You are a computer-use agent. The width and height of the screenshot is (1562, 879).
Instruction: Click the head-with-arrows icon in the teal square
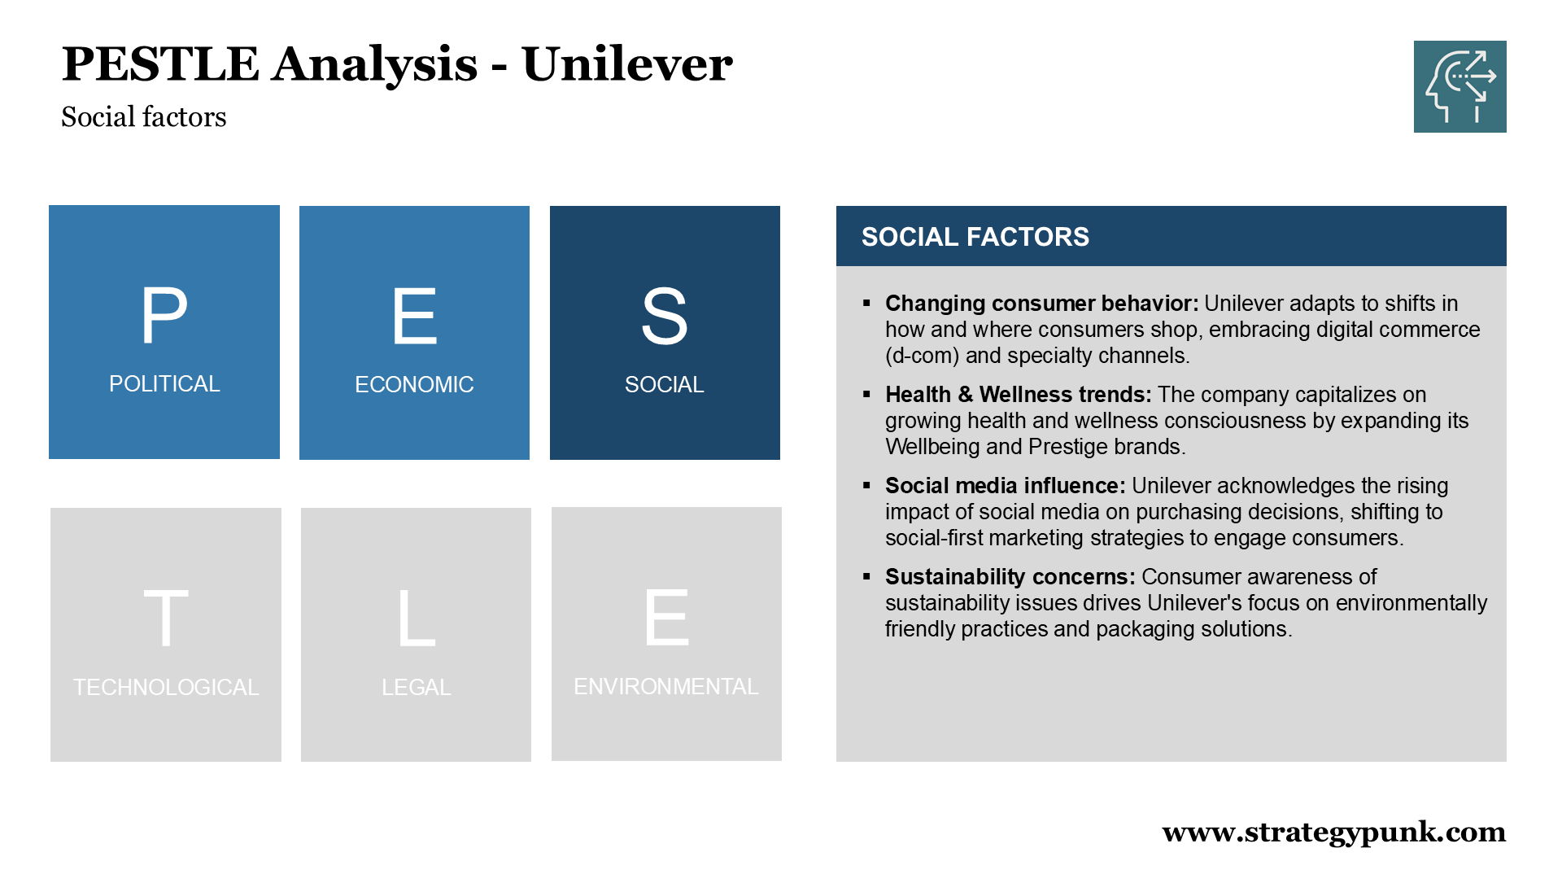[x=1460, y=86]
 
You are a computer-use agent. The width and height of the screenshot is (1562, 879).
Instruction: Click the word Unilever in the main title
[x=627, y=64]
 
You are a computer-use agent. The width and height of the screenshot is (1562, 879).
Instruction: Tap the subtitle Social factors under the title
[x=144, y=117]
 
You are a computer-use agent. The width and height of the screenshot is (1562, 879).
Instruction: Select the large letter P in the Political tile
[x=164, y=316]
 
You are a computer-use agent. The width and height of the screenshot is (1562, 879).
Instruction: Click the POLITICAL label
[x=164, y=384]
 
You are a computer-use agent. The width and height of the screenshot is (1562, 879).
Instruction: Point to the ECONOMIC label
[x=414, y=385]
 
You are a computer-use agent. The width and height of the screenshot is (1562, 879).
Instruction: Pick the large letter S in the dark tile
[x=665, y=316]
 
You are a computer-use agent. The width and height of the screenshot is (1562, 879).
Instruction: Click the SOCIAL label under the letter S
[x=665, y=385]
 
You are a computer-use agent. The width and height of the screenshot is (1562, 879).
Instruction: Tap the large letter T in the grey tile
[x=166, y=619]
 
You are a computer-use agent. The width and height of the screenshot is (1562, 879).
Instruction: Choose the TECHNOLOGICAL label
[x=166, y=688]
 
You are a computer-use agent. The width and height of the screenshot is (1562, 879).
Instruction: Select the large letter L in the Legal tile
[x=417, y=619]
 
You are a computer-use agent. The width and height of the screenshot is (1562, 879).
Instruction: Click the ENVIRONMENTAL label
[x=666, y=687]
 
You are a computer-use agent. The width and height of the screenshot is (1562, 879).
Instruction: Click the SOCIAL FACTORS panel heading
[x=975, y=237]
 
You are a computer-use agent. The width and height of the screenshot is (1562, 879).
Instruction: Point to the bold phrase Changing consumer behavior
[x=1042, y=304]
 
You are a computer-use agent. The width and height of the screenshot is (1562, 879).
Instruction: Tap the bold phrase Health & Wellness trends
[x=1019, y=395]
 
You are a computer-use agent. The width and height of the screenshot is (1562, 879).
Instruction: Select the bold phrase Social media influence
[x=1006, y=486]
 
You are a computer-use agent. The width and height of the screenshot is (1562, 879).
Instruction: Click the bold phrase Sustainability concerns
[x=1010, y=577]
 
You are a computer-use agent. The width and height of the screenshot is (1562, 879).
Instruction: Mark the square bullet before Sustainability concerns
[x=866, y=577]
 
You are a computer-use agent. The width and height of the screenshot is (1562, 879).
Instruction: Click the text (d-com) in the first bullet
[x=923, y=356]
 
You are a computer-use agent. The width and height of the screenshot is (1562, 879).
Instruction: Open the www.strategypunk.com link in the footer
[x=1334, y=833]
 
